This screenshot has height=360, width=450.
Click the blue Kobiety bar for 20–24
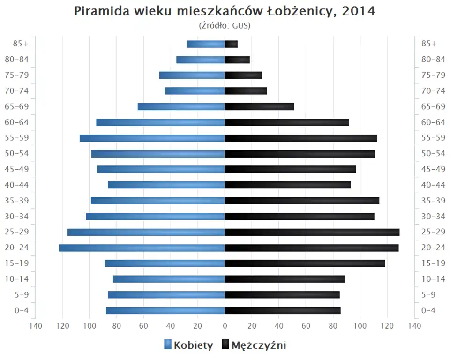(x=142, y=248)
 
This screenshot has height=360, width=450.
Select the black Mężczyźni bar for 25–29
(x=312, y=232)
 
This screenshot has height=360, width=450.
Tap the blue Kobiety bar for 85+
(x=206, y=44)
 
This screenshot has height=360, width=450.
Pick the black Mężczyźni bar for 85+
(x=232, y=44)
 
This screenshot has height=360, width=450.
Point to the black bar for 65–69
(x=260, y=107)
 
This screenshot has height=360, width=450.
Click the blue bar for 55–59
(x=152, y=138)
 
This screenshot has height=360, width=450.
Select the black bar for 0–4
(x=283, y=310)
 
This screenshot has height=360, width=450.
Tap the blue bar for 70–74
(x=195, y=91)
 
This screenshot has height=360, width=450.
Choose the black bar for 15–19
(x=305, y=263)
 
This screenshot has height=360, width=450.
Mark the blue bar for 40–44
(x=166, y=185)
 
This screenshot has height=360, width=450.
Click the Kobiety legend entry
(x=188, y=345)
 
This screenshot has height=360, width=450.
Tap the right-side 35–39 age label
(x=434, y=201)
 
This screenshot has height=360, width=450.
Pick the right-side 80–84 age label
(x=434, y=60)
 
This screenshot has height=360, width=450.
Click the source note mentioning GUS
(x=225, y=26)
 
